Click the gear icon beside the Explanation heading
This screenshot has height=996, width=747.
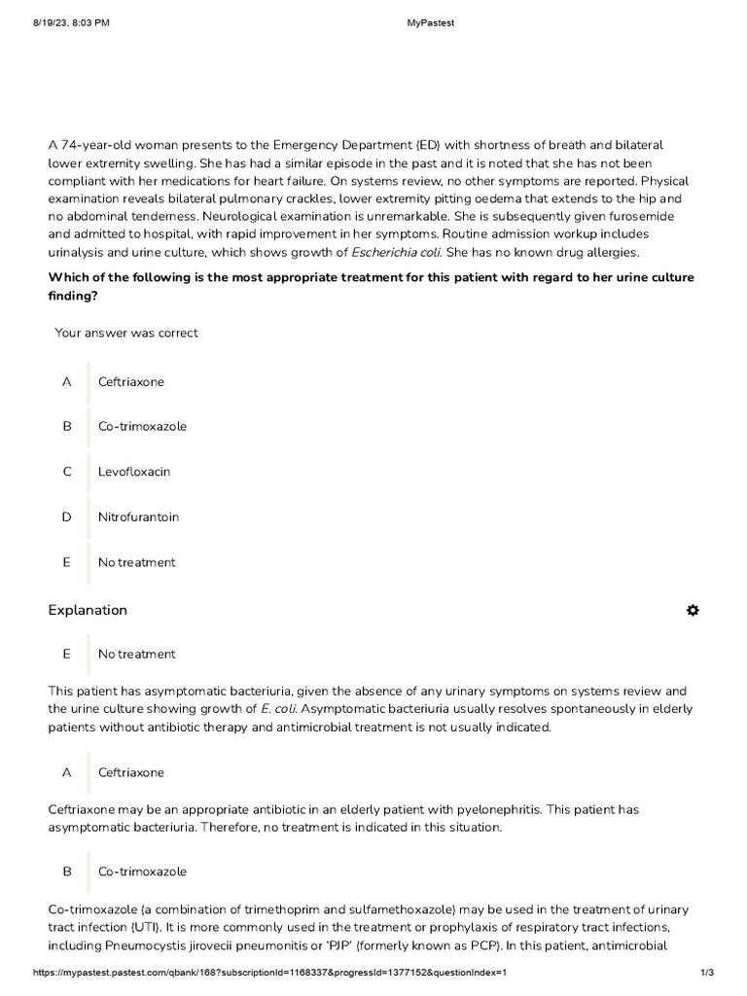(693, 610)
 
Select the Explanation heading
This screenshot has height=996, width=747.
(88, 610)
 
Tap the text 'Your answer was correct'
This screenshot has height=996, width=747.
(126, 333)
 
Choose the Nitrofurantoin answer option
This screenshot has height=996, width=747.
(138, 516)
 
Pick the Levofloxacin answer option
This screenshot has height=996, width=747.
(134, 472)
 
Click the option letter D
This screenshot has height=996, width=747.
(67, 516)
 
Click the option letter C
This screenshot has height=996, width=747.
(67, 472)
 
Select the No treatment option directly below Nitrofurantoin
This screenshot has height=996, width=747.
(137, 562)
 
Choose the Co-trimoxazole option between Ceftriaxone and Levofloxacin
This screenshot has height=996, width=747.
(142, 427)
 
